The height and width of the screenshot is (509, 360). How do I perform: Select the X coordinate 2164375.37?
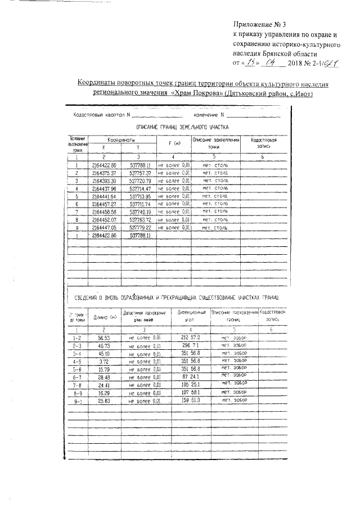coord(103,173)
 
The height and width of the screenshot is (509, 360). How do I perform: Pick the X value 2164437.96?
coord(103,189)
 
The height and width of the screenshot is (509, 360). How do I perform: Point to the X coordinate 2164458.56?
coord(103,213)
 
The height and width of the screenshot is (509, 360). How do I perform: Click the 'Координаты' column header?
coord(121,139)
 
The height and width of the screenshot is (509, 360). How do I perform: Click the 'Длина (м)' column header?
coord(105,317)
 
